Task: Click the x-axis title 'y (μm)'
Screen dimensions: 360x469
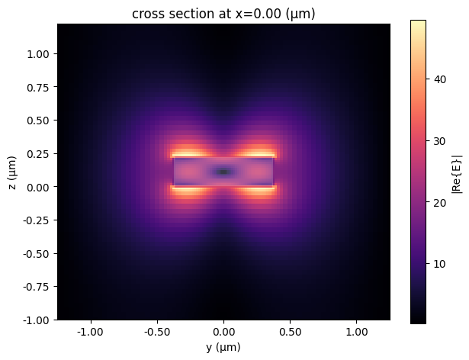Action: point(223,348)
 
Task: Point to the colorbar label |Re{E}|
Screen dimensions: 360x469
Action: point(455,172)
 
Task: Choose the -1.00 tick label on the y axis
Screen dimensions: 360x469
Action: point(90,333)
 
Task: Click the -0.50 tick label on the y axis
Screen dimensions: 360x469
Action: point(156,333)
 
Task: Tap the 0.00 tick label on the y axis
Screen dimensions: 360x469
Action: point(223,333)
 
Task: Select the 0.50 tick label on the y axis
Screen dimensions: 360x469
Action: point(291,333)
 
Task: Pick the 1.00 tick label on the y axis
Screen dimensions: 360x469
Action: point(357,333)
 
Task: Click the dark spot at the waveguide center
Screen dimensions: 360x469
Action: point(223,172)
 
